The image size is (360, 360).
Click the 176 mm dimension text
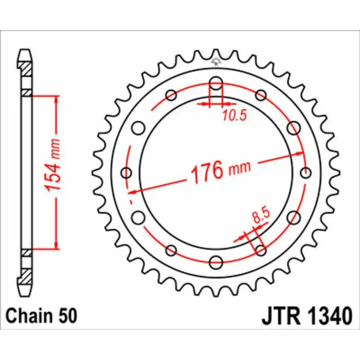tap(220, 171)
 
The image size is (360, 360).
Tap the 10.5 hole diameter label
tap(234, 116)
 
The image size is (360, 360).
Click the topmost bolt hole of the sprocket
tap(216, 83)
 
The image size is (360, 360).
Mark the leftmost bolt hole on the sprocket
tap(127, 173)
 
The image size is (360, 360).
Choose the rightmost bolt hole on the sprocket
tap(306, 173)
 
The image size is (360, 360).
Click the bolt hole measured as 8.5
tap(261, 250)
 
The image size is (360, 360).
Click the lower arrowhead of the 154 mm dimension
tap(56, 246)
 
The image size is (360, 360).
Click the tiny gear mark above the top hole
tap(216, 63)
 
